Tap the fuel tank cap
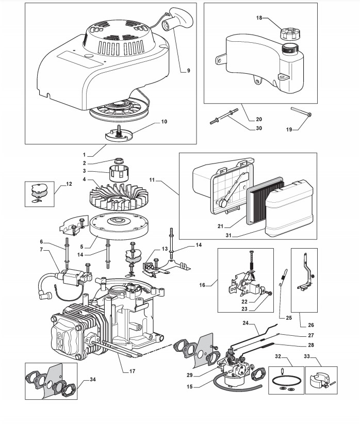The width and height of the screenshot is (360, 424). (x=290, y=34)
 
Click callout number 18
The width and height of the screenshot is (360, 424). (x=259, y=18)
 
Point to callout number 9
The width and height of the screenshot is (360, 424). (x=189, y=71)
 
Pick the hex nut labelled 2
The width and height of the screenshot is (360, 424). (x=118, y=160)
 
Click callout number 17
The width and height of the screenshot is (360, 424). (x=132, y=371)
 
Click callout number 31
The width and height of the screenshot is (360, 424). (x=228, y=236)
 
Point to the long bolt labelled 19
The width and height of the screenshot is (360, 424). (x=301, y=112)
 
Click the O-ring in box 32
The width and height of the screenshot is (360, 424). (x=286, y=381)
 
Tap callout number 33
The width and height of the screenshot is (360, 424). (x=306, y=356)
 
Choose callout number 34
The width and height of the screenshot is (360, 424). (x=93, y=380)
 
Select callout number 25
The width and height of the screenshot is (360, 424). (x=289, y=318)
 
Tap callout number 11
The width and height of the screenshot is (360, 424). (x=152, y=180)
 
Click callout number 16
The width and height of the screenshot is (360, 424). (x=202, y=285)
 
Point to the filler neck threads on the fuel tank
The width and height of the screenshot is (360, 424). (x=289, y=49)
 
